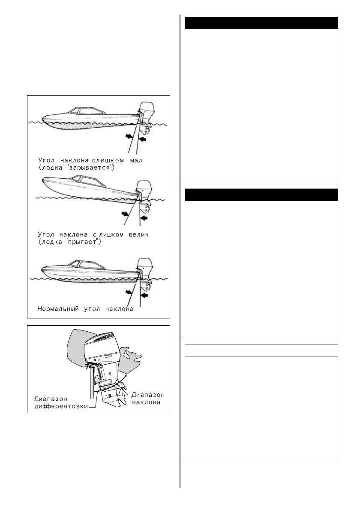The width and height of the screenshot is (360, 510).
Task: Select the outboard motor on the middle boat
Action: [x=143, y=191]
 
